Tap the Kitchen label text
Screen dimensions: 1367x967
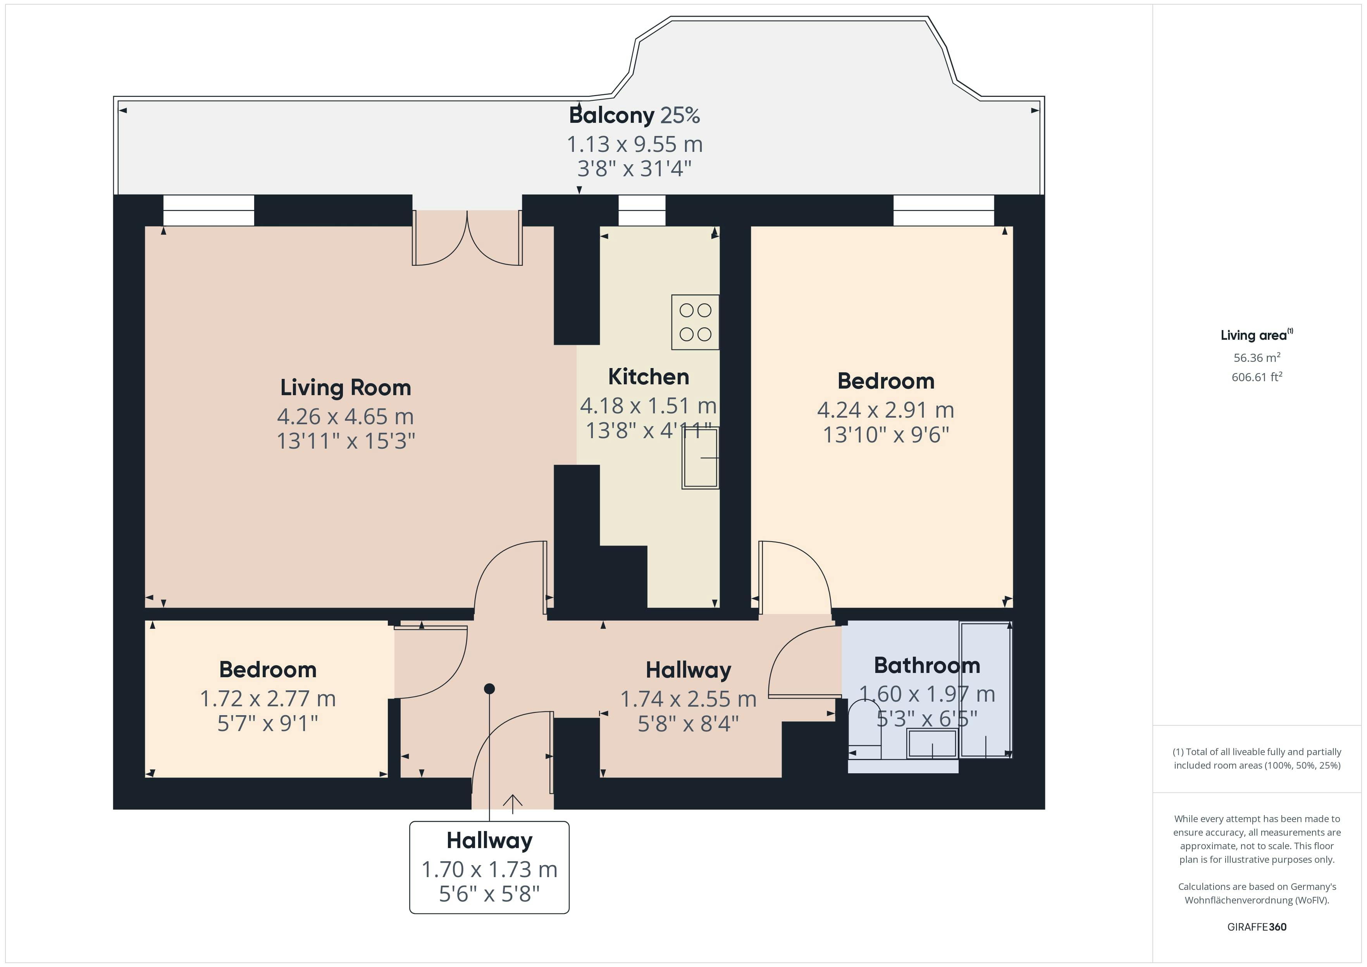648,377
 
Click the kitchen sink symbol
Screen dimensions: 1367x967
700,458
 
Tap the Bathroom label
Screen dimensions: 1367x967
926,665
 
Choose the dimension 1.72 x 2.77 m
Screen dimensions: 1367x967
268,699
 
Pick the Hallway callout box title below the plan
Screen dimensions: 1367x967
489,841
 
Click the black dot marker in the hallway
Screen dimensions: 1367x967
489,689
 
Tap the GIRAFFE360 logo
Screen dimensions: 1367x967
1257,926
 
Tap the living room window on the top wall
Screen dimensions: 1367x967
208,210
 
